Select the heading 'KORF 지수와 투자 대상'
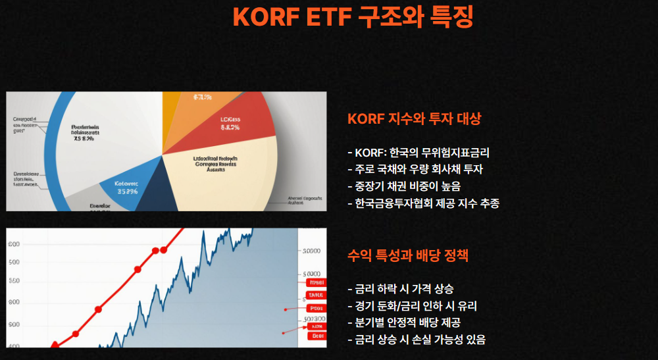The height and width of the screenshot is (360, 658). [x=414, y=119]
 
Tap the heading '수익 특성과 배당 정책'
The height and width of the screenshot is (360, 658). [x=407, y=255]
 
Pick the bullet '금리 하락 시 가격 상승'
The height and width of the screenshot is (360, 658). [x=403, y=289]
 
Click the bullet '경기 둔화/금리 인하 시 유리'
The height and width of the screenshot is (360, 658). [x=415, y=306]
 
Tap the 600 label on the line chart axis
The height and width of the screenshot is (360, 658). [x=14, y=244]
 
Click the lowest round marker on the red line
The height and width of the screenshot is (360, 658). [x=55, y=345]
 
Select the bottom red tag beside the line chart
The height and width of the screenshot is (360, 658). [x=318, y=335]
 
